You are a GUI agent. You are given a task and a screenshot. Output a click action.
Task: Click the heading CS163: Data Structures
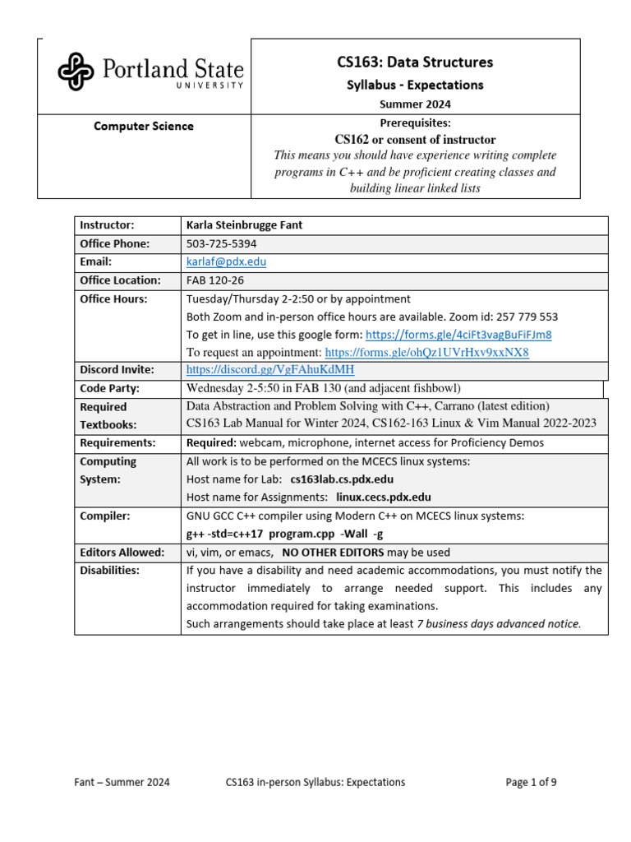click(415, 62)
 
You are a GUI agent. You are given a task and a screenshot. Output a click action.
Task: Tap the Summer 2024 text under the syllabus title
click(415, 104)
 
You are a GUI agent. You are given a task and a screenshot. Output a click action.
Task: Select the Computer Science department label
click(144, 126)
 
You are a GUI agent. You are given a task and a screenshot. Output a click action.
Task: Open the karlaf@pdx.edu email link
click(226, 261)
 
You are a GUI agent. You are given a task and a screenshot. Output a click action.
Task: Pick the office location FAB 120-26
click(215, 280)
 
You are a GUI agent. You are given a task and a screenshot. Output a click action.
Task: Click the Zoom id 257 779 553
click(508, 317)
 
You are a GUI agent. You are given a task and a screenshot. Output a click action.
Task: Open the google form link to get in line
click(458, 335)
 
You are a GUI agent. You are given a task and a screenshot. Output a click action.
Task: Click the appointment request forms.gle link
click(426, 353)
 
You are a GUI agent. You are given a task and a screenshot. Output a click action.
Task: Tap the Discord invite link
click(270, 370)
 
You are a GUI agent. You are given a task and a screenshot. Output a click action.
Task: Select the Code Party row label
click(109, 388)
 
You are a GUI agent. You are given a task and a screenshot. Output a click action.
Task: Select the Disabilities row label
click(109, 570)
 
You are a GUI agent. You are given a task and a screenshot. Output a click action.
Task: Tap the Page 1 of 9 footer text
click(531, 782)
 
